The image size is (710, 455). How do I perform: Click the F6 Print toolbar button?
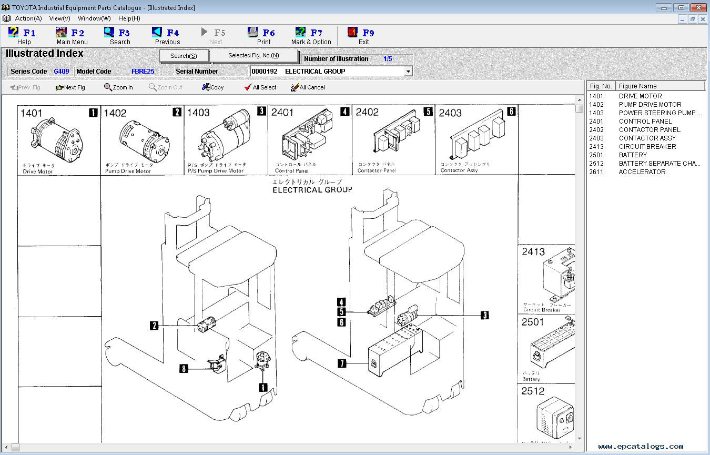click(x=261, y=36)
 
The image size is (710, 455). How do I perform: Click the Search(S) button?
click(x=184, y=56)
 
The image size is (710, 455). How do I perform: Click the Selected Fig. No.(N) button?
click(x=253, y=56)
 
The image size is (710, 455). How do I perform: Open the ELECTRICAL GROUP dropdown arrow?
click(x=408, y=72)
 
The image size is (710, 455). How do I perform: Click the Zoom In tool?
click(x=118, y=87)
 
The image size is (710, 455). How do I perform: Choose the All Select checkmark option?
click(x=260, y=87)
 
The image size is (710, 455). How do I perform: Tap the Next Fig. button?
click(x=71, y=87)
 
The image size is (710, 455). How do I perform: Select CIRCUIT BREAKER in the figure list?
click(x=647, y=147)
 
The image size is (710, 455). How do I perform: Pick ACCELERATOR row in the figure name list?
click(x=642, y=172)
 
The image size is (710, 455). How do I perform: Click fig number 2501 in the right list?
click(x=596, y=155)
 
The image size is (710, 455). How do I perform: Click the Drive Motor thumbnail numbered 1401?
click(x=59, y=140)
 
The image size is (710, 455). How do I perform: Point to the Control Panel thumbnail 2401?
click(x=309, y=140)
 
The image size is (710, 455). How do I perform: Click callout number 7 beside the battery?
click(x=342, y=363)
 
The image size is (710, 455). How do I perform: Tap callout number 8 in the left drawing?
click(x=184, y=369)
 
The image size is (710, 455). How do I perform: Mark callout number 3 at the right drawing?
click(x=484, y=315)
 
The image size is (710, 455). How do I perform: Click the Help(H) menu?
click(x=129, y=18)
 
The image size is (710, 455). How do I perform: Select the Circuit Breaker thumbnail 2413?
click(x=547, y=279)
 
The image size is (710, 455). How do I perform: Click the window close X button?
click(x=697, y=7)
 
